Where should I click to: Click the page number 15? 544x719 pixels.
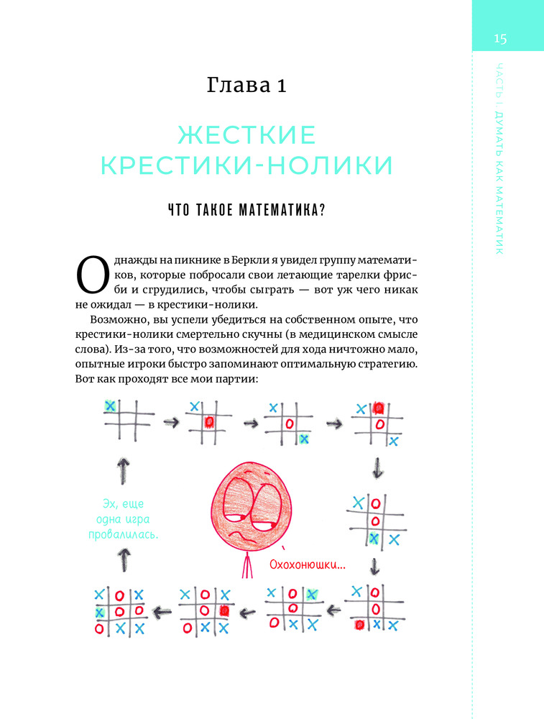(x=500, y=39)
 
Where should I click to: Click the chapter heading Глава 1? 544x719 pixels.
(x=246, y=87)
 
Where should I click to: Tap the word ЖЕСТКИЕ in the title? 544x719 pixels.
(x=246, y=134)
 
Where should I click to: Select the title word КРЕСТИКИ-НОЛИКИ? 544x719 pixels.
(x=246, y=165)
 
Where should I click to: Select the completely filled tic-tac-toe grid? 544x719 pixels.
(x=119, y=612)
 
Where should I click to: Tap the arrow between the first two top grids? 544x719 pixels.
(x=170, y=421)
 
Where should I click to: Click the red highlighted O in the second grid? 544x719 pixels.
(x=209, y=421)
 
